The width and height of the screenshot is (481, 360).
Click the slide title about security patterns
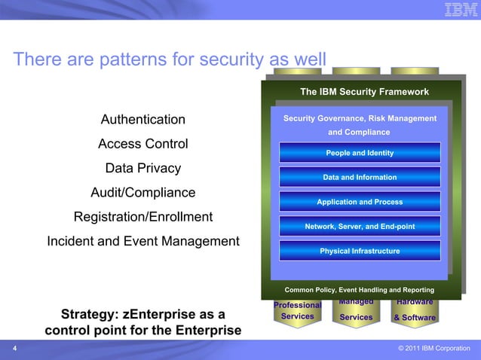tap(170, 59)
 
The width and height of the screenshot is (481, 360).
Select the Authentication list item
tap(143, 120)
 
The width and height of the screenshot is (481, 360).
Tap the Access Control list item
tap(143, 144)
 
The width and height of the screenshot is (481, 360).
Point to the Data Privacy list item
tap(143, 168)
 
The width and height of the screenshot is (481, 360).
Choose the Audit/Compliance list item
tap(143, 192)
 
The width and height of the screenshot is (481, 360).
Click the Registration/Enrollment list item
tap(143, 217)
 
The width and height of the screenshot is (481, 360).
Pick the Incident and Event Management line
tap(143, 242)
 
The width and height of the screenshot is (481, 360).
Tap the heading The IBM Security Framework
tap(364, 92)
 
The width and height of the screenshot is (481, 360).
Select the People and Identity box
tap(360, 153)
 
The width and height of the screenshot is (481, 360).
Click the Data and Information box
tap(360, 177)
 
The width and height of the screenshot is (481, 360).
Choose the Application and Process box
tap(360, 202)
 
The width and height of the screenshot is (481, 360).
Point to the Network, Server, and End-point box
tap(360, 226)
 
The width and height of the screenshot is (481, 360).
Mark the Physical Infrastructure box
tap(360, 251)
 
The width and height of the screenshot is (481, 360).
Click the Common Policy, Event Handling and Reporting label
tap(360, 290)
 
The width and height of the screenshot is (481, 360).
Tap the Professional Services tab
tap(297, 311)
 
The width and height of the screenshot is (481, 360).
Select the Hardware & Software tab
tap(415, 312)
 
